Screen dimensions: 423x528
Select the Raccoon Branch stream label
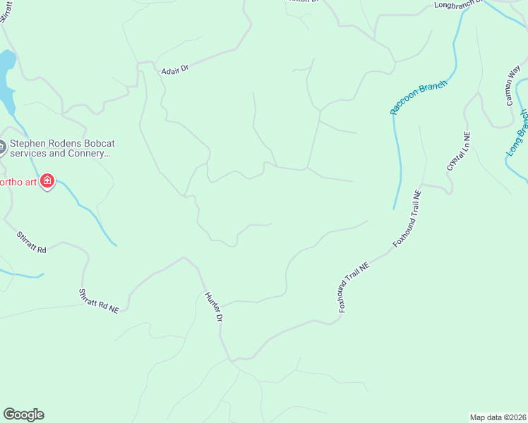pyautogui.click(x=419, y=98)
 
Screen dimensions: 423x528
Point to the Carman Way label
pyautogui.click(x=513, y=86)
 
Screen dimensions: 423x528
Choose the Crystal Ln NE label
pyautogui.click(x=458, y=151)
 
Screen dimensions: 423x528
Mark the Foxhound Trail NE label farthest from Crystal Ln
pyautogui.click(x=354, y=287)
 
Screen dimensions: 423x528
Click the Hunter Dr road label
pyautogui.click(x=214, y=307)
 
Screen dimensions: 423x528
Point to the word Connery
pyautogui.click(x=88, y=153)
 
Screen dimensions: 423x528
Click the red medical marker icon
pyautogui.click(x=47, y=182)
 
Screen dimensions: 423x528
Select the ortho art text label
pyautogui.click(x=17, y=182)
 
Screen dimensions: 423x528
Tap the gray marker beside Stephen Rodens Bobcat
pyautogui.click(x=1, y=147)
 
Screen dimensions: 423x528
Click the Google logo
pyautogui.click(x=23, y=415)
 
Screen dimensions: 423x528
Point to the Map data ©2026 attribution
pyautogui.click(x=498, y=417)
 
